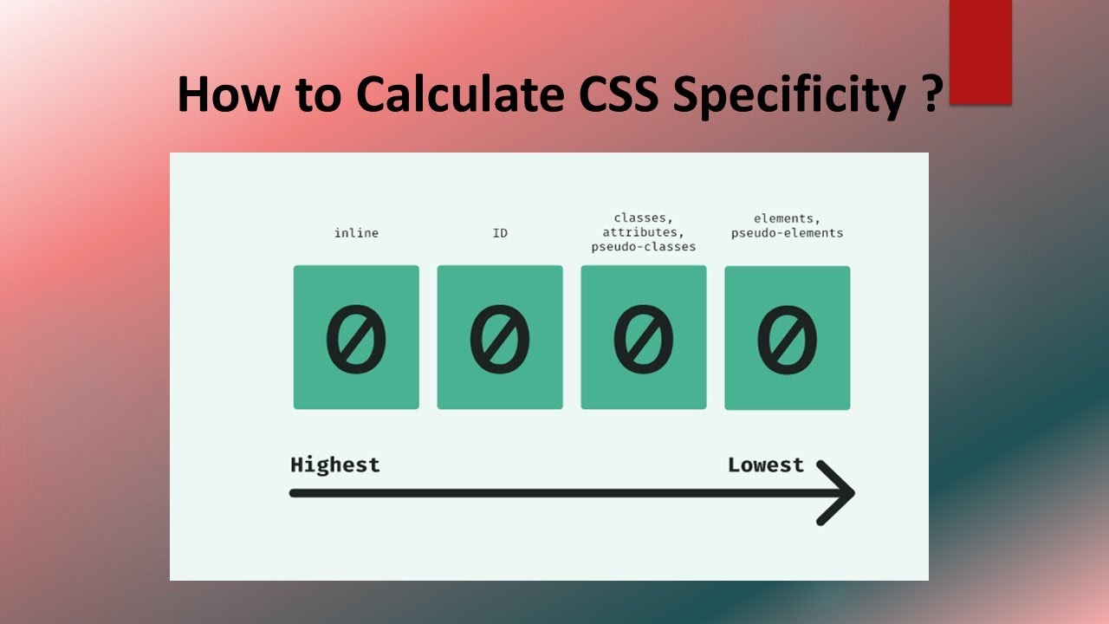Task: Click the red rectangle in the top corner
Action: [981, 52]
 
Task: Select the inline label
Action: [356, 233]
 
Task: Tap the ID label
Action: [500, 233]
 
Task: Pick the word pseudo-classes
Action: [644, 247]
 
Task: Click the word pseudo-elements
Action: [787, 233]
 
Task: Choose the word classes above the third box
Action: [642, 218]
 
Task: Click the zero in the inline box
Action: [356, 339]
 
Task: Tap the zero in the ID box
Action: [500, 339]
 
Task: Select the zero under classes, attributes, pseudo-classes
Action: [644, 339]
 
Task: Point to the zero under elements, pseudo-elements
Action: [787, 339]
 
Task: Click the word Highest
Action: [335, 465]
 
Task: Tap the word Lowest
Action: [766, 465]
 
